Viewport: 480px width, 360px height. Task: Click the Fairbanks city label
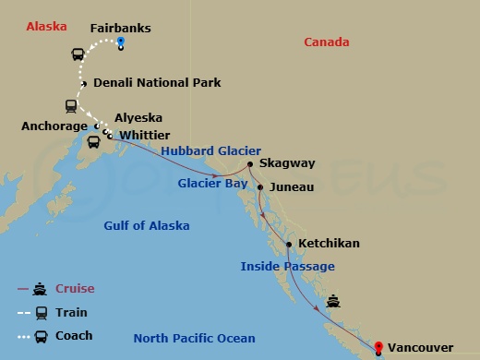[121, 28]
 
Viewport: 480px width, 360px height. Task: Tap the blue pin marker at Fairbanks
[121, 43]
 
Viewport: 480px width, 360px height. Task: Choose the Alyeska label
[138, 118]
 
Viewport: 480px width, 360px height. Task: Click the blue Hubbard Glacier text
[211, 151]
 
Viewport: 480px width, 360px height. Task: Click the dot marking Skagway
[249, 165]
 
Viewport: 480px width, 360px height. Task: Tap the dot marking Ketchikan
[290, 244]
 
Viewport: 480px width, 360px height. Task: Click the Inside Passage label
[288, 267]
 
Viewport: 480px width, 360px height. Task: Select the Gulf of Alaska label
[147, 226]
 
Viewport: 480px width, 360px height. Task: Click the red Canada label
[327, 42]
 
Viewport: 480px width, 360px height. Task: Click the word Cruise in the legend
[75, 289]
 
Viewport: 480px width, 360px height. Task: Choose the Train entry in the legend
[72, 312]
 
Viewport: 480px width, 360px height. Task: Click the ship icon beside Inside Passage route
[332, 300]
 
